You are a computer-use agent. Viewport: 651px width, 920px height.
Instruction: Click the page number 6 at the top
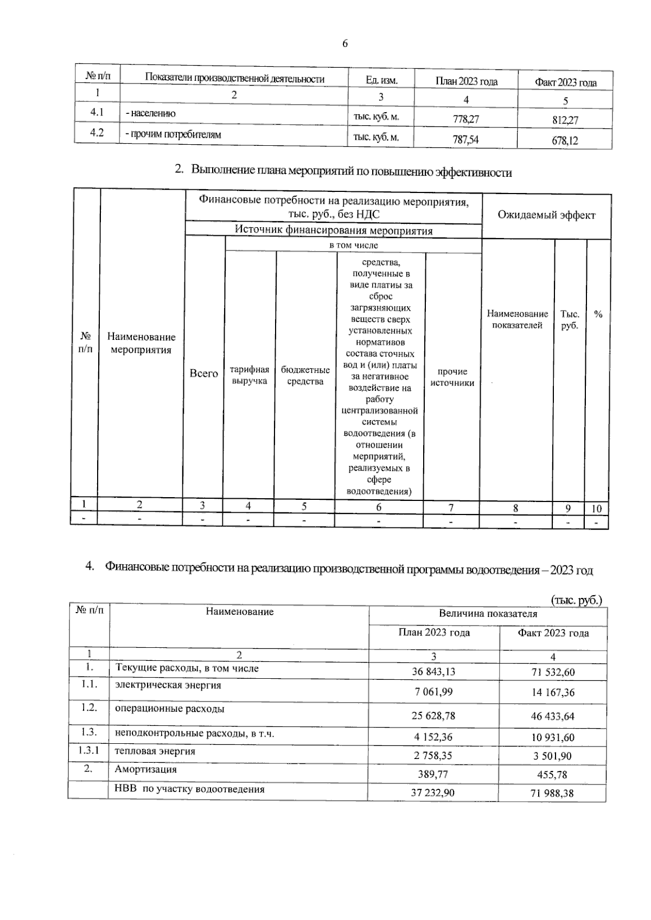tap(345, 43)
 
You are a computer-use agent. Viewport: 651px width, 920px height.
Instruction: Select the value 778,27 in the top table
tap(466, 119)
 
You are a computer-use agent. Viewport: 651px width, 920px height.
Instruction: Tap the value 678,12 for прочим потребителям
tap(565, 140)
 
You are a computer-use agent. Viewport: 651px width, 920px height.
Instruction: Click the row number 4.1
tap(97, 112)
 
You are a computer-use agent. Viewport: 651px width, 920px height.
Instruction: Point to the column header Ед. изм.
tap(381, 80)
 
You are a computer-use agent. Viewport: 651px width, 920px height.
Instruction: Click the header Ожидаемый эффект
tap(546, 215)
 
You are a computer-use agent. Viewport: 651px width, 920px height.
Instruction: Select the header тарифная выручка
tap(250, 375)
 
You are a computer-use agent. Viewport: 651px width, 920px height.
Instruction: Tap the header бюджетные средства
tap(305, 375)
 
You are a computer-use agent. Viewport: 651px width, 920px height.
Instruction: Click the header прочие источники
tap(452, 377)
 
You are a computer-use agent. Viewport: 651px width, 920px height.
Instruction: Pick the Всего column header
tap(203, 373)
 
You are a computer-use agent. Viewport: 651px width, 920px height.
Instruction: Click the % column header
tap(598, 314)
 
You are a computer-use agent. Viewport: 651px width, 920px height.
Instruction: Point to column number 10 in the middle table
tap(596, 509)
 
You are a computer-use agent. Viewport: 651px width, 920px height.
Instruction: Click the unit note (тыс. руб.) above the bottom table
tap(576, 600)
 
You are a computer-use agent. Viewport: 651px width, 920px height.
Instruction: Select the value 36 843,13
tap(433, 672)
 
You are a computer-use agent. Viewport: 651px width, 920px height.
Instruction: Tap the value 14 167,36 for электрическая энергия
tap(552, 692)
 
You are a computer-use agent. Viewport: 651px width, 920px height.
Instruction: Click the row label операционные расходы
tap(169, 709)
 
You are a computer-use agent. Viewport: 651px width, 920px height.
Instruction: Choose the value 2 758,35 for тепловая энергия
tap(432, 755)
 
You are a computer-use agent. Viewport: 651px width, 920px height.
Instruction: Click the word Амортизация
tap(145, 769)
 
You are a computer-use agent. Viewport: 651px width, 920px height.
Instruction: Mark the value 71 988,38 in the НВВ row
tap(552, 793)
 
